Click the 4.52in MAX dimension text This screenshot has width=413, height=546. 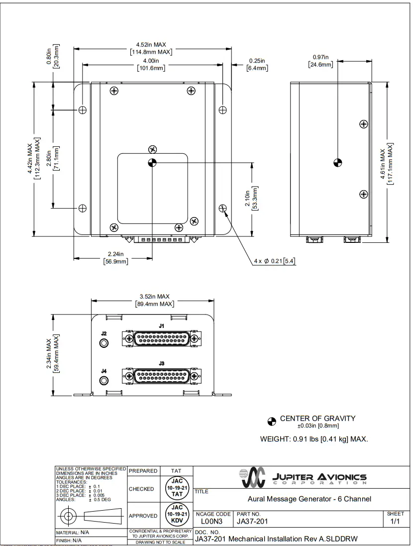coord(152,45)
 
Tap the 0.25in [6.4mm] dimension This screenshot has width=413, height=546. coord(257,65)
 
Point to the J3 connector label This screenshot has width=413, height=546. coord(161,364)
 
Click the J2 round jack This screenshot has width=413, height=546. coord(104,343)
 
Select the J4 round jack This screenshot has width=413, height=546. coord(104,381)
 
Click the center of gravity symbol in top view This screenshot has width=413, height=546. coord(152,162)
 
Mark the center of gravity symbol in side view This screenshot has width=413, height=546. coord(337,162)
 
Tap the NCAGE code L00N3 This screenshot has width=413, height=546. coord(212,521)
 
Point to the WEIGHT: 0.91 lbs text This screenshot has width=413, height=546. coord(313,439)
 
